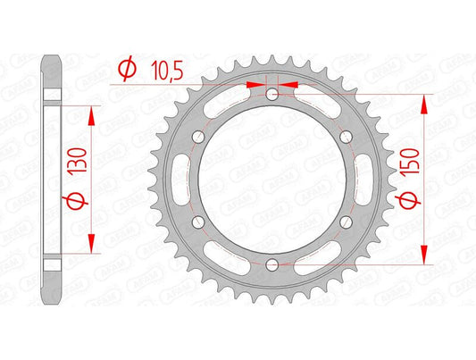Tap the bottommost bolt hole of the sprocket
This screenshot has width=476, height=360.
click(271, 263)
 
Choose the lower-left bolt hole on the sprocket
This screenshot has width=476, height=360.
click(199, 221)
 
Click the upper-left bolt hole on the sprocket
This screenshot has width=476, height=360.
click(199, 137)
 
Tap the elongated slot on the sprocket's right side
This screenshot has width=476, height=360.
click(358, 179)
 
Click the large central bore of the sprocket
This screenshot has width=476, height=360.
click(271, 179)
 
